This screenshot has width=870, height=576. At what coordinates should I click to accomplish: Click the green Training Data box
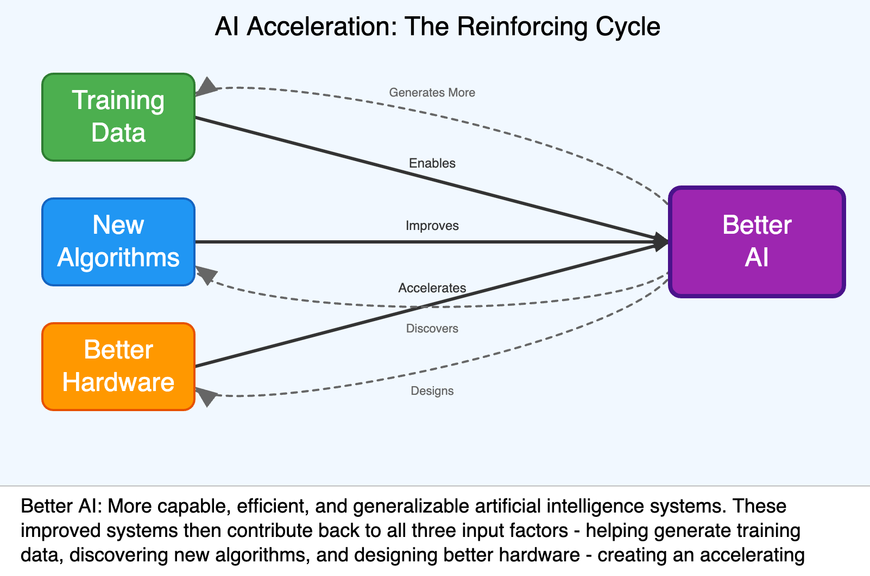tap(118, 117)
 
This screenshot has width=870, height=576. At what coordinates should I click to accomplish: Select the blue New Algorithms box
tap(118, 242)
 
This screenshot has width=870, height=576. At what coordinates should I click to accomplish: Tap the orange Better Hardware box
tap(118, 367)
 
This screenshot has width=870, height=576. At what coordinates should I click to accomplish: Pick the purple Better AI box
tap(756, 242)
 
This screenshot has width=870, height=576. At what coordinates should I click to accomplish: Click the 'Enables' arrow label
tap(432, 163)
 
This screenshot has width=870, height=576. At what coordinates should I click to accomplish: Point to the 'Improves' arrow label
tap(432, 226)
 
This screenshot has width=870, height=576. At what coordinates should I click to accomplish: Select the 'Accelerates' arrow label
tap(432, 288)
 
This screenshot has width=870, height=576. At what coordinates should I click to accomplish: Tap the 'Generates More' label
tap(432, 93)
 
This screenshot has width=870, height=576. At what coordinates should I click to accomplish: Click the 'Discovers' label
tap(432, 329)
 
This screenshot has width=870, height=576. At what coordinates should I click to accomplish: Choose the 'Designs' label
tap(432, 391)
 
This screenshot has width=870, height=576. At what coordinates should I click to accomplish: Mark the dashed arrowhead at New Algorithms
tap(205, 274)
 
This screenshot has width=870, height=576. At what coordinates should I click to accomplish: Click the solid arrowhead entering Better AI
tap(661, 242)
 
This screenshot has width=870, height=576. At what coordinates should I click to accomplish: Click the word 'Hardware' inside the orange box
tap(118, 382)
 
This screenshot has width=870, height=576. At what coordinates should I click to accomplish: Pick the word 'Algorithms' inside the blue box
tap(118, 258)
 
